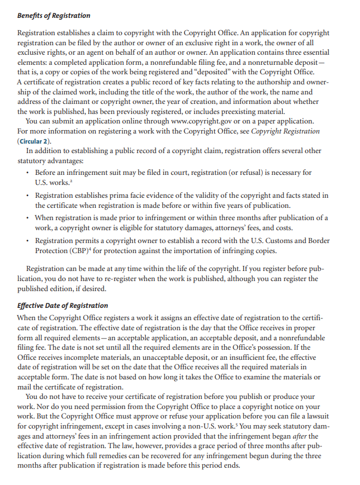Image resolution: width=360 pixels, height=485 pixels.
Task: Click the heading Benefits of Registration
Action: click(x=54, y=15)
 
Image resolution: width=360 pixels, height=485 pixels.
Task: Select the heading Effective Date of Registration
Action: click(x=63, y=305)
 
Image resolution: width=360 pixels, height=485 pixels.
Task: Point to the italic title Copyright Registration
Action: click(x=285, y=131)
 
